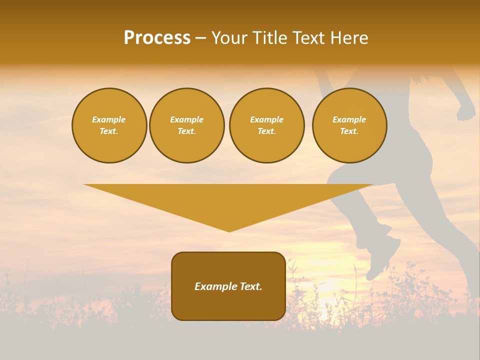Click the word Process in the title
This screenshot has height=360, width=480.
click(157, 38)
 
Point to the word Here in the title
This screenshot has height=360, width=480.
click(348, 38)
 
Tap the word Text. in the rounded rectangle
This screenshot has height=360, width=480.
click(250, 286)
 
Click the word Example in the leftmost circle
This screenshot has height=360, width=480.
click(109, 119)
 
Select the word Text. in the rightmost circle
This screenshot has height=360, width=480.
click(349, 131)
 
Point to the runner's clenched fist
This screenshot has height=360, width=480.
click(466, 111)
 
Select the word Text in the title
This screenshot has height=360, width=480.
click(309, 38)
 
